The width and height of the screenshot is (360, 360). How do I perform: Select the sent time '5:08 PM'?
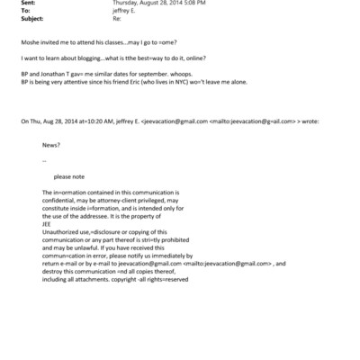[173, 3]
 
